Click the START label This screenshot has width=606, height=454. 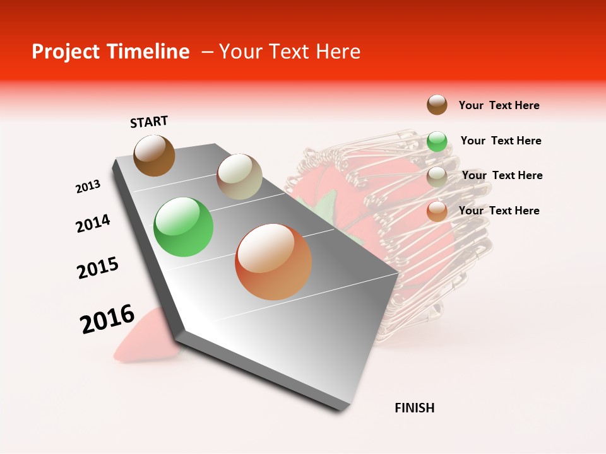pos(149,122)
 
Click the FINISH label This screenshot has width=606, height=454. pos(414,408)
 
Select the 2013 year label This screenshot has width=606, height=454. pos(88,187)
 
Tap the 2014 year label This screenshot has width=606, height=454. pos(93,224)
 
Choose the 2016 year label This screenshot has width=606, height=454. pos(107,319)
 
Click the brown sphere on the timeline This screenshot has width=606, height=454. pos(154,155)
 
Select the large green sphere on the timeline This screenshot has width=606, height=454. pos(183,227)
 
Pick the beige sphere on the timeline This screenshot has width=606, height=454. pos(239,177)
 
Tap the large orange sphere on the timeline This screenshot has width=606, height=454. pos(273,262)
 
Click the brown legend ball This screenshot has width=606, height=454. pos(437,105)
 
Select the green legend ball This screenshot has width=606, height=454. pos(437,141)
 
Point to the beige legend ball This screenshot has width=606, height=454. pos(437,177)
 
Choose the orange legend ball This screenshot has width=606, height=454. pos(437,211)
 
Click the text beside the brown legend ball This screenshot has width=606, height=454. pos(499,106)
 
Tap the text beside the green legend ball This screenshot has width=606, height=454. pos(501,141)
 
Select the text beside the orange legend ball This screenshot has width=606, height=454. pos(499,211)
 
